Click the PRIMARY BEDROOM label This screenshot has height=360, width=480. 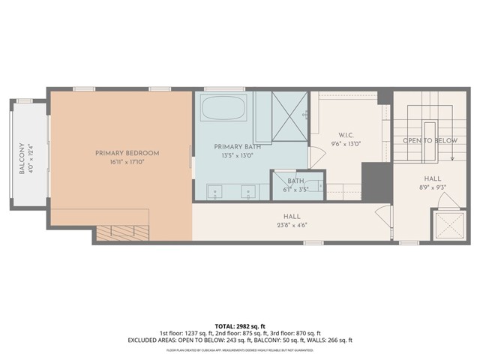coord(127,153)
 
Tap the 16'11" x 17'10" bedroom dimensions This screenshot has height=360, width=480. coord(127,161)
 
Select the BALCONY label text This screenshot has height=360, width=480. coord(21,159)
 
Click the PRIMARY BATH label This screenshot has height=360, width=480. coord(235,146)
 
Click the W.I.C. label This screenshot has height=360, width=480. coord(346,136)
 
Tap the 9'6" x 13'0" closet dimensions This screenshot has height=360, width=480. coord(346,144)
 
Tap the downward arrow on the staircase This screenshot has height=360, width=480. coord(454,157)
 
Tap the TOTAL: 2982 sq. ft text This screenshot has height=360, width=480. coord(240,325)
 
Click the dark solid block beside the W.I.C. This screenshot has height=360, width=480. coord(374,181)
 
